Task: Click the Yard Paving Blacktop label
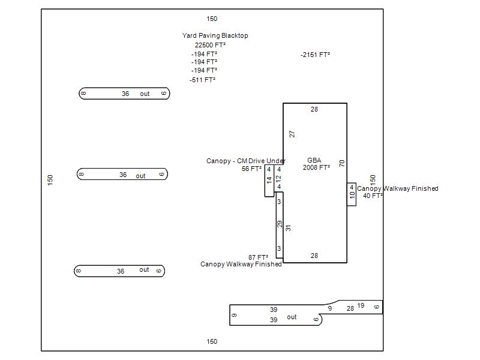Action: coord(215,35)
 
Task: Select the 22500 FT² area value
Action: coord(210,45)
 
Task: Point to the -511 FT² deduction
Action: coord(203,80)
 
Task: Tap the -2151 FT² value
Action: coord(316,55)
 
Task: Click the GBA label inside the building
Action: coord(314,160)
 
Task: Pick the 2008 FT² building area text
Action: coord(316,167)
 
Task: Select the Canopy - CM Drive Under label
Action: coord(246,161)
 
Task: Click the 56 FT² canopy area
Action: coord(251,169)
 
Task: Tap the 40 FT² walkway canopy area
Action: coord(373,196)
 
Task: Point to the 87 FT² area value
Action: coord(258,257)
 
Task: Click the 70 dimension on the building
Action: coord(342,163)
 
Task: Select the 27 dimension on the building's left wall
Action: coord(292,134)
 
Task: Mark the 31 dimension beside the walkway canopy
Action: coord(288,228)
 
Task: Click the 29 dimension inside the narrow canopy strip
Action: coord(280,224)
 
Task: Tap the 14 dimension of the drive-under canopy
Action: coord(269,179)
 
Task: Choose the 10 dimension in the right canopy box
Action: coord(352,195)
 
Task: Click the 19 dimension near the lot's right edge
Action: coord(361,306)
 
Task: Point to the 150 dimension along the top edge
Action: coord(212,19)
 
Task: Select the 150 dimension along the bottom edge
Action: coord(212,342)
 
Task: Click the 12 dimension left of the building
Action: coord(278,178)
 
